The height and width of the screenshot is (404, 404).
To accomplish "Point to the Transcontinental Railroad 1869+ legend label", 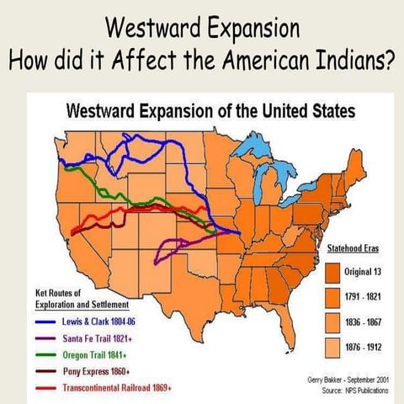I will (x=118, y=387).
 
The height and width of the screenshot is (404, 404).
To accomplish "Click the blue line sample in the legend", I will (x=46, y=322).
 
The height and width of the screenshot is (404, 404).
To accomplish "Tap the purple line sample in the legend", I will (x=46, y=338).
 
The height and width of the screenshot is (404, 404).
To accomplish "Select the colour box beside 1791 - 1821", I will (x=332, y=297).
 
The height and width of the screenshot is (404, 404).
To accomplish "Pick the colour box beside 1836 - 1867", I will (x=332, y=322).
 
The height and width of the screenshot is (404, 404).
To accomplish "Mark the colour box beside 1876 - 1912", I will (x=332, y=346).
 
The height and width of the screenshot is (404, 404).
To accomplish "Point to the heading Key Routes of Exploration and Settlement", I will (x=81, y=298).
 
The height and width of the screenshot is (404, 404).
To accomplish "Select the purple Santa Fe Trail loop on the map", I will (x=179, y=247).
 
